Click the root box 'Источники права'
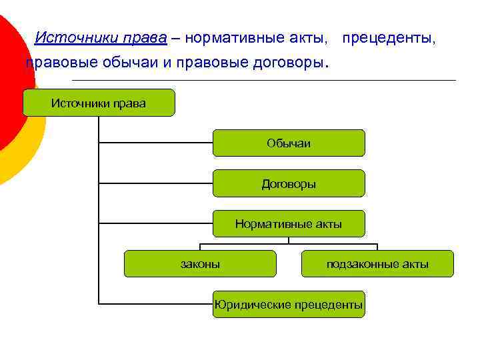99,103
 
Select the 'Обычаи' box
289,143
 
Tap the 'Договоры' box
289,183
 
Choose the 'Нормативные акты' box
289,224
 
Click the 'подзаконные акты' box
377,264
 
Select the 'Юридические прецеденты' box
289,305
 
